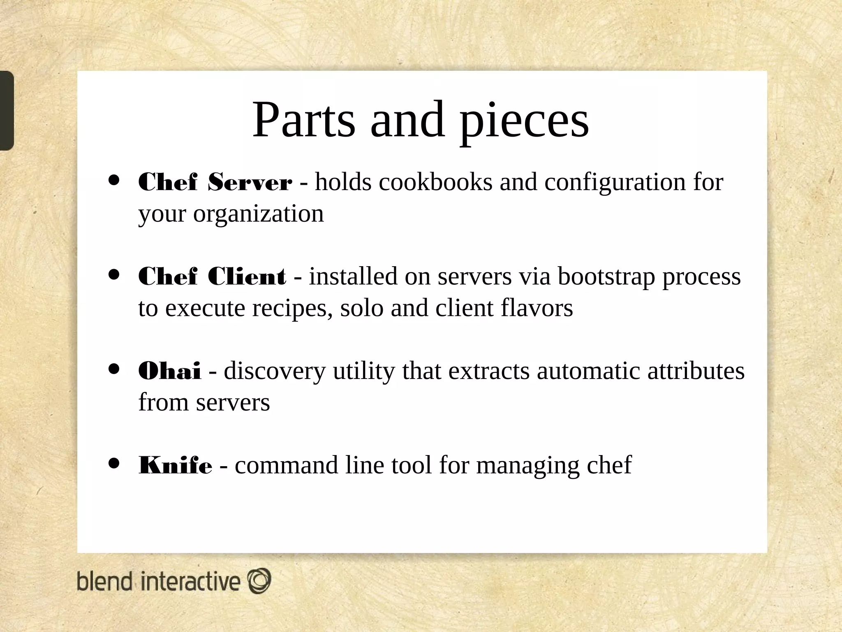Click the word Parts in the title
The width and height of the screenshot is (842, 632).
pyautogui.click(x=303, y=120)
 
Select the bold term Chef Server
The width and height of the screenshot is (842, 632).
pyautogui.click(x=215, y=182)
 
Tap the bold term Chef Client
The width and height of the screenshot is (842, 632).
pyautogui.click(x=212, y=276)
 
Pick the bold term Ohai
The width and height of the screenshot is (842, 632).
pyautogui.click(x=170, y=370)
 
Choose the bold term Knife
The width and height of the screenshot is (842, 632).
pyautogui.click(x=176, y=465)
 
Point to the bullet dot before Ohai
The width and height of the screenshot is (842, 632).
pyautogui.click(x=114, y=369)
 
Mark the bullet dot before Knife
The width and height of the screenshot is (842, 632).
pyautogui.click(x=114, y=463)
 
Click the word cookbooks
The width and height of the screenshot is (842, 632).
pyautogui.click(x=435, y=182)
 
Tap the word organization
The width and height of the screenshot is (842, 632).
pyautogui.click(x=258, y=214)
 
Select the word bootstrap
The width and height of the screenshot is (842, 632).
pyautogui.click(x=606, y=276)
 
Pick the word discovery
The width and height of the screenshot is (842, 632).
pyautogui.click(x=274, y=371)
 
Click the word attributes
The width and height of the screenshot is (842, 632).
pyautogui.click(x=696, y=370)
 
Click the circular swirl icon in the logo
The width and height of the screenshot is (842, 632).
pyautogui.click(x=259, y=581)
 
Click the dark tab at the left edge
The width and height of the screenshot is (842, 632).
pyautogui.click(x=7, y=110)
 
